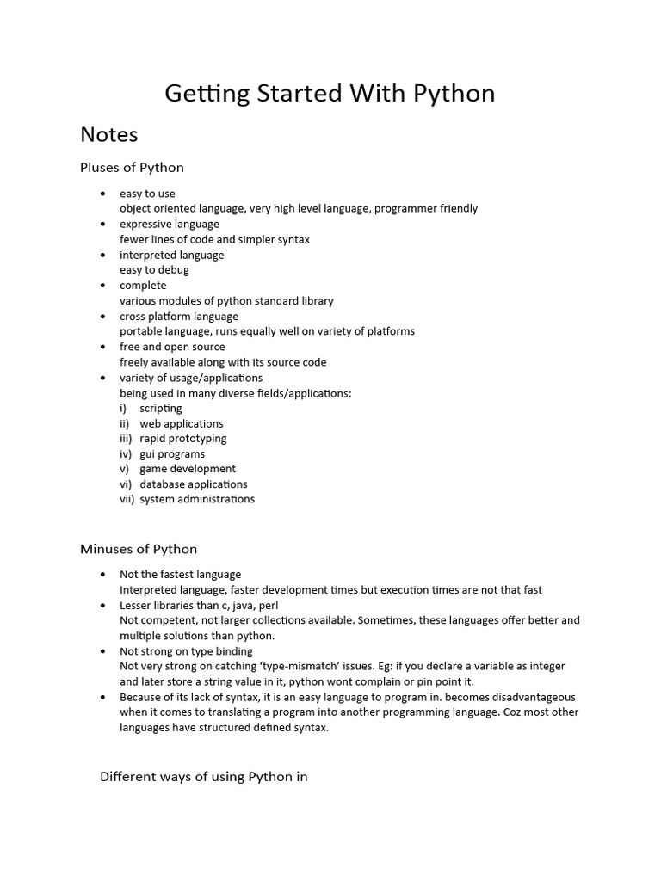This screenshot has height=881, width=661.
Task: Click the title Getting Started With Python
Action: pos(330,93)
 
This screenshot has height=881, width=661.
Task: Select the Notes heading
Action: pos(108,134)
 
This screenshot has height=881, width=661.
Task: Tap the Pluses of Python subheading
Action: pos(132,167)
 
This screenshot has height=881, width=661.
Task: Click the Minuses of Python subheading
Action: pos(139,549)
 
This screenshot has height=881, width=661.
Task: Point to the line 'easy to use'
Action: pos(147,194)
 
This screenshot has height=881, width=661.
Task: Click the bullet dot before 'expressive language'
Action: pos(103,225)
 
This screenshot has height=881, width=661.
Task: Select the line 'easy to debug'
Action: pos(154,270)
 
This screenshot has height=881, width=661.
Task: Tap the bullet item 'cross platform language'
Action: pos(179,316)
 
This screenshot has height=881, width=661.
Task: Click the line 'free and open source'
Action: pos(172,347)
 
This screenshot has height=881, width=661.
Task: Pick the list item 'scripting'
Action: pos(161,408)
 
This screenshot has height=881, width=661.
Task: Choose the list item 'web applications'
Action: pos(181,423)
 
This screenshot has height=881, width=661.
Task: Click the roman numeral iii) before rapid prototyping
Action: pos(126,439)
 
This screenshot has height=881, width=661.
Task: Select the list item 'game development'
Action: pos(188,469)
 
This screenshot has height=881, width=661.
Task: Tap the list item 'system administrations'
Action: pos(197,499)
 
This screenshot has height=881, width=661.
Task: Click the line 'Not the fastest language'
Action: pos(180,574)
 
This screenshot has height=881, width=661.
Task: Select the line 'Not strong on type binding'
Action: pos(186,651)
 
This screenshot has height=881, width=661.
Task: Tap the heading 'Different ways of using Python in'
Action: pos(204,777)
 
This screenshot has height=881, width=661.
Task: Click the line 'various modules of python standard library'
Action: pos(226,301)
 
